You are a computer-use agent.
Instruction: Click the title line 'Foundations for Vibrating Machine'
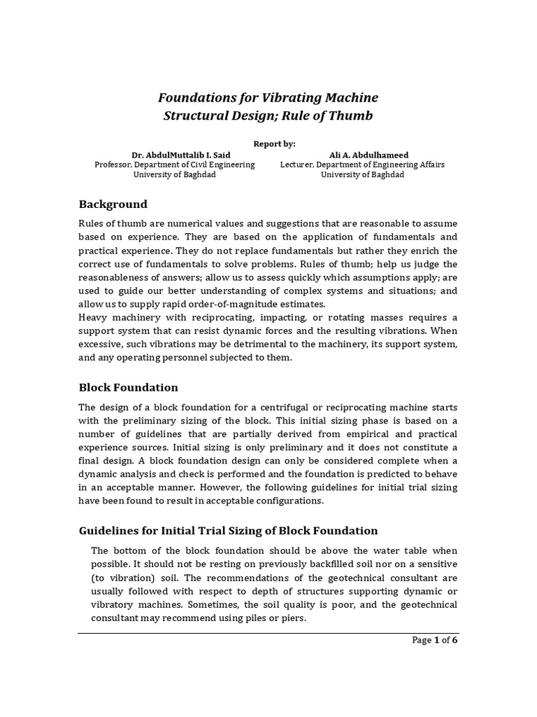point(268,97)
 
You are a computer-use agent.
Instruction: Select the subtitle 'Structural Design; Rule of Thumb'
point(268,116)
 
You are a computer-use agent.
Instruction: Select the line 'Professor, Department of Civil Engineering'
point(174,165)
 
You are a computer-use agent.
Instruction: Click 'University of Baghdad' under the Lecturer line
point(361,174)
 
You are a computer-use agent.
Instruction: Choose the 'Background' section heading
point(113,204)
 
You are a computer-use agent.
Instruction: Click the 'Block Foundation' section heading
point(128,387)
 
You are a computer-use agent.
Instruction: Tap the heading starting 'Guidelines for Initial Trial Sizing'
point(228,531)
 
